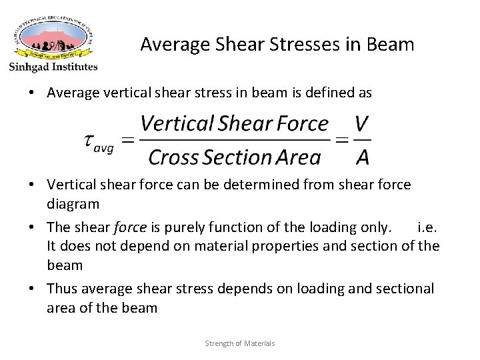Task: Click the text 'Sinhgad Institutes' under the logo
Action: (x=53, y=67)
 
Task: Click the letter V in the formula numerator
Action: (x=362, y=124)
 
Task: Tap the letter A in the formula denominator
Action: (x=362, y=157)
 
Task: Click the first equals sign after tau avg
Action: (x=128, y=140)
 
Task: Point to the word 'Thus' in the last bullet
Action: (x=61, y=288)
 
